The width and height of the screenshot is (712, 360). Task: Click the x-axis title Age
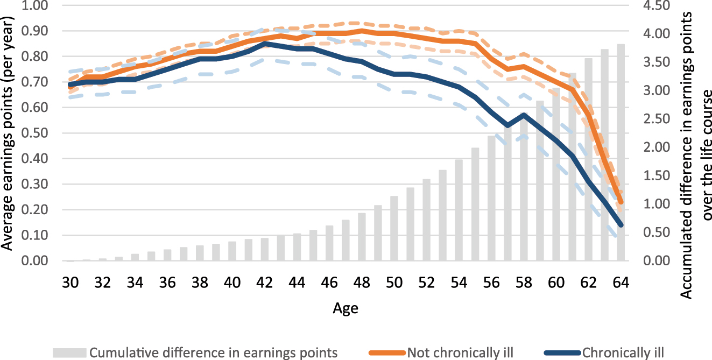pos(345,309)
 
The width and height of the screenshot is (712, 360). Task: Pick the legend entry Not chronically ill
pos(460,352)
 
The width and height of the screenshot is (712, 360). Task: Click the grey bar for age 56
pos(491,199)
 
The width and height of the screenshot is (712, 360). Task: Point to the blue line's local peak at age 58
pos(523,115)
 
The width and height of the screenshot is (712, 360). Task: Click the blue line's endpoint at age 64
pos(621,225)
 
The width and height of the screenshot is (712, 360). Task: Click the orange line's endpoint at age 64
pos(621,202)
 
